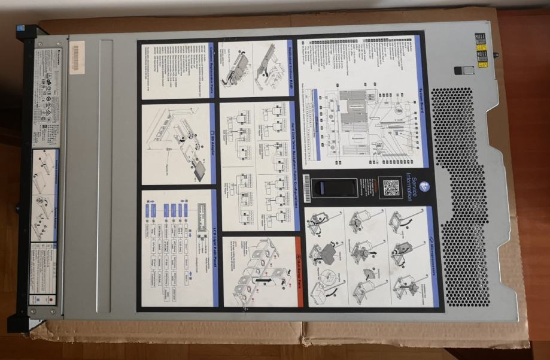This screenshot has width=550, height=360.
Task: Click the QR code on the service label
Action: coord(391,189)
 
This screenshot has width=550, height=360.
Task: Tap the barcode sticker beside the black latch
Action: coord(308,189)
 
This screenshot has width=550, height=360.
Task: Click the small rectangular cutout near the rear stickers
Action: coord(460,71)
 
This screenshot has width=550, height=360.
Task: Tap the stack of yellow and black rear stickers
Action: coord(481,50)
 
